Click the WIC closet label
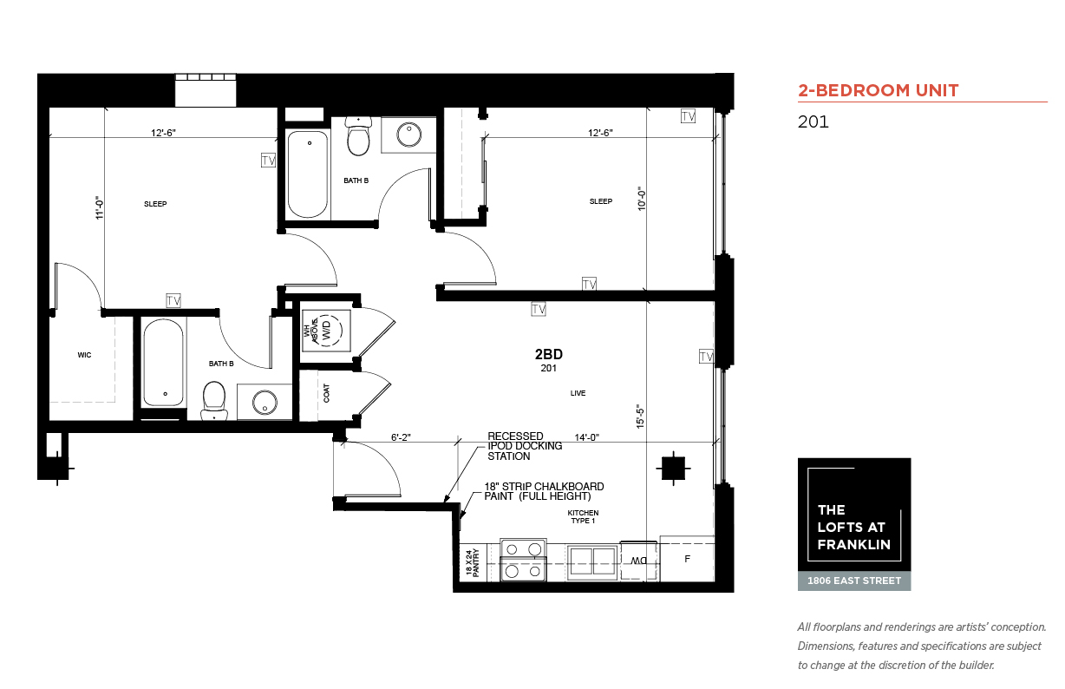click(x=84, y=355)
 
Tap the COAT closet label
click(x=326, y=393)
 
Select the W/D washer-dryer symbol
click(x=327, y=331)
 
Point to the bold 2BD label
click(x=549, y=355)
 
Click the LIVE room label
click(x=578, y=393)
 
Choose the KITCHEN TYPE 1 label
click(x=583, y=517)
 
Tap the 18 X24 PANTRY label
click(x=472, y=562)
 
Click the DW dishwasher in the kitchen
click(x=639, y=561)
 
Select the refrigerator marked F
click(x=687, y=559)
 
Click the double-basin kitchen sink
click(x=592, y=562)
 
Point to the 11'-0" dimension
click(x=100, y=207)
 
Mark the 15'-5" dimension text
click(x=640, y=417)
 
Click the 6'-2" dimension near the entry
click(x=401, y=437)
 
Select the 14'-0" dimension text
click(x=586, y=437)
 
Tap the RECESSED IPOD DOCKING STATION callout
click(x=525, y=446)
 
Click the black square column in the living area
click(x=673, y=469)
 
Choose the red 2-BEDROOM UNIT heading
click(x=879, y=90)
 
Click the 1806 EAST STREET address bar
click(x=854, y=581)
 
